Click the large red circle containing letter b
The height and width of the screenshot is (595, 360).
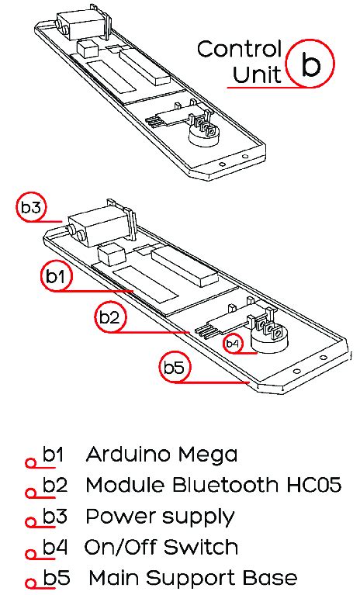point(310,65)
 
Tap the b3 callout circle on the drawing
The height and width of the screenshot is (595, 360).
point(33,207)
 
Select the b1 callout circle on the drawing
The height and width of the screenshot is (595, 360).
point(55,275)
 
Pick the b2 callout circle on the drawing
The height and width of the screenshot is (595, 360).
point(110,317)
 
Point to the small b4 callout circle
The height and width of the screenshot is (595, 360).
point(233,342)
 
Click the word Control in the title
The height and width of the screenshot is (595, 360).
point(239,49)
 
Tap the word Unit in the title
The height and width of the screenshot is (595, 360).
point(257,75)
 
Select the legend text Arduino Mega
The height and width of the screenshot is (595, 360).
point(161,454)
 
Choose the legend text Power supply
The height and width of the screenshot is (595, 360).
point(160,517)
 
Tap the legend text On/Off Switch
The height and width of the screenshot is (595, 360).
point(161,547)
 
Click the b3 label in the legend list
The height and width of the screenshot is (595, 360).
point(54,516)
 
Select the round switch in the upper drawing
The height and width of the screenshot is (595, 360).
point(208,137)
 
